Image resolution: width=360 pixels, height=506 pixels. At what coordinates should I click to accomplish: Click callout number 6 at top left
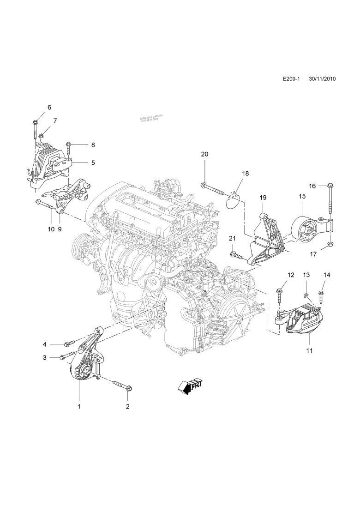coord(49,108)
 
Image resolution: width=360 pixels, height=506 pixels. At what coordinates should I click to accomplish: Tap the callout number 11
coord(309,350)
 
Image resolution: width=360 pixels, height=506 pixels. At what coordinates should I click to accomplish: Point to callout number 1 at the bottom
coord(79,406)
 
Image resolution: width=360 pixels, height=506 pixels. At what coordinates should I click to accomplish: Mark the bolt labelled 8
coord(69,147)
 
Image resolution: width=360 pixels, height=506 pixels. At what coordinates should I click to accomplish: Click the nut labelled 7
coord(42,135)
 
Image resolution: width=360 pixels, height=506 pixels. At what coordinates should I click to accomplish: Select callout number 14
coord(327,275)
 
